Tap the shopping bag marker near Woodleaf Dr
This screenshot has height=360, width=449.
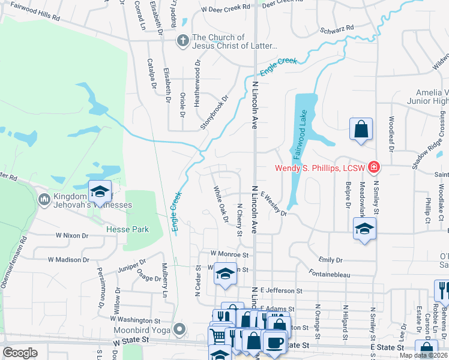pyautogui.click(x=361, y=129)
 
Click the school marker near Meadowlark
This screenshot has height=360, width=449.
pyautogui.click(x=363, y=229)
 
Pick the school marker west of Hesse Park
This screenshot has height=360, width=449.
pyautogui.click(x=100, y=191)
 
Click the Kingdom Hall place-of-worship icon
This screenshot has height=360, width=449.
pyautogui.click(x=44, y=199)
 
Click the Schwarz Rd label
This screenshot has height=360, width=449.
pyautogui.click(x=337, y=28)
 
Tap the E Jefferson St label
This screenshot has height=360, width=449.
pyautogui.click(x=277, y=290)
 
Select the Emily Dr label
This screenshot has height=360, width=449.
pyautogui.click(x=330, y=260)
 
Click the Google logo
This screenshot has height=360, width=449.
pyautogui.click(x=20, y=353)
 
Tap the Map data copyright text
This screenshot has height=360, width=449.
pyautogui.click(x=423, y=355)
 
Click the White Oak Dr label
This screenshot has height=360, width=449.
pyautogui.click(x=221, y=203)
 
